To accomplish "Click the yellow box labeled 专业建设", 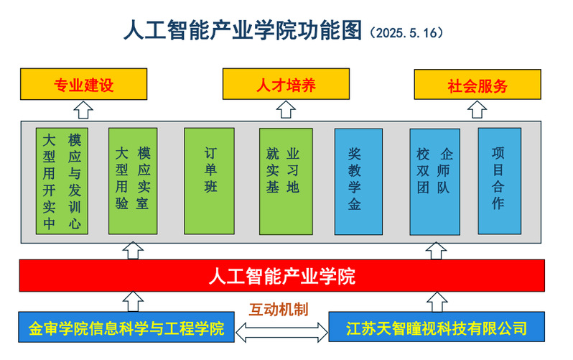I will coord(83,86).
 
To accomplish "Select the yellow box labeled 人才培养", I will coord(286,86).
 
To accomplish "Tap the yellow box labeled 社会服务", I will coord(478,86).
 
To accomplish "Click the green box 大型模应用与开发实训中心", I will coord(62,181).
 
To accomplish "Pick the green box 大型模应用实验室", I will coord(132,181).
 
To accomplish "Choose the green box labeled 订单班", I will coord(210,181).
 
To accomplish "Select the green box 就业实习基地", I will coord(286,181).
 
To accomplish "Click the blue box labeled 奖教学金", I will coord(358,181).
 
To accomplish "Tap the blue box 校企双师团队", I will coord(434,181).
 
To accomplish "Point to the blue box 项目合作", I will coord(499,181).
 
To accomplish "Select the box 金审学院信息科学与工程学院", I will coord(126,328).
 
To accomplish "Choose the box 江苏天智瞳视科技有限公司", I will coord(437,328).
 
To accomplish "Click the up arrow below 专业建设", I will coord(84,110).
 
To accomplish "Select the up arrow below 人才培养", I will coord(286,110).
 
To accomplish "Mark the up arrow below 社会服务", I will coord(478,110).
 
